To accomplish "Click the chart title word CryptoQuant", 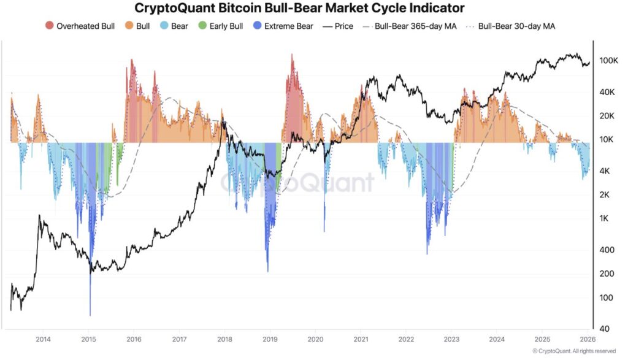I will [x=174, y=8].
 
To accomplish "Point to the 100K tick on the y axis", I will [x=608, y=61].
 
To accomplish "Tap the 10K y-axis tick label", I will [x=607, y=140].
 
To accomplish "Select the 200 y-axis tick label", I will [x=605, y=274].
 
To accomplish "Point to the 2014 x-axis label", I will [x=43, y=339].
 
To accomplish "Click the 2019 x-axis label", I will [x=270, y=339].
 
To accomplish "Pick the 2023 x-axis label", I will [x=451, y=339].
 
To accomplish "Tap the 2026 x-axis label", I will [x=587, y=339].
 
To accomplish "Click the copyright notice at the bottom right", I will [x=574, y=351].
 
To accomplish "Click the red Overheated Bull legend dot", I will [x=50, y=26].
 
